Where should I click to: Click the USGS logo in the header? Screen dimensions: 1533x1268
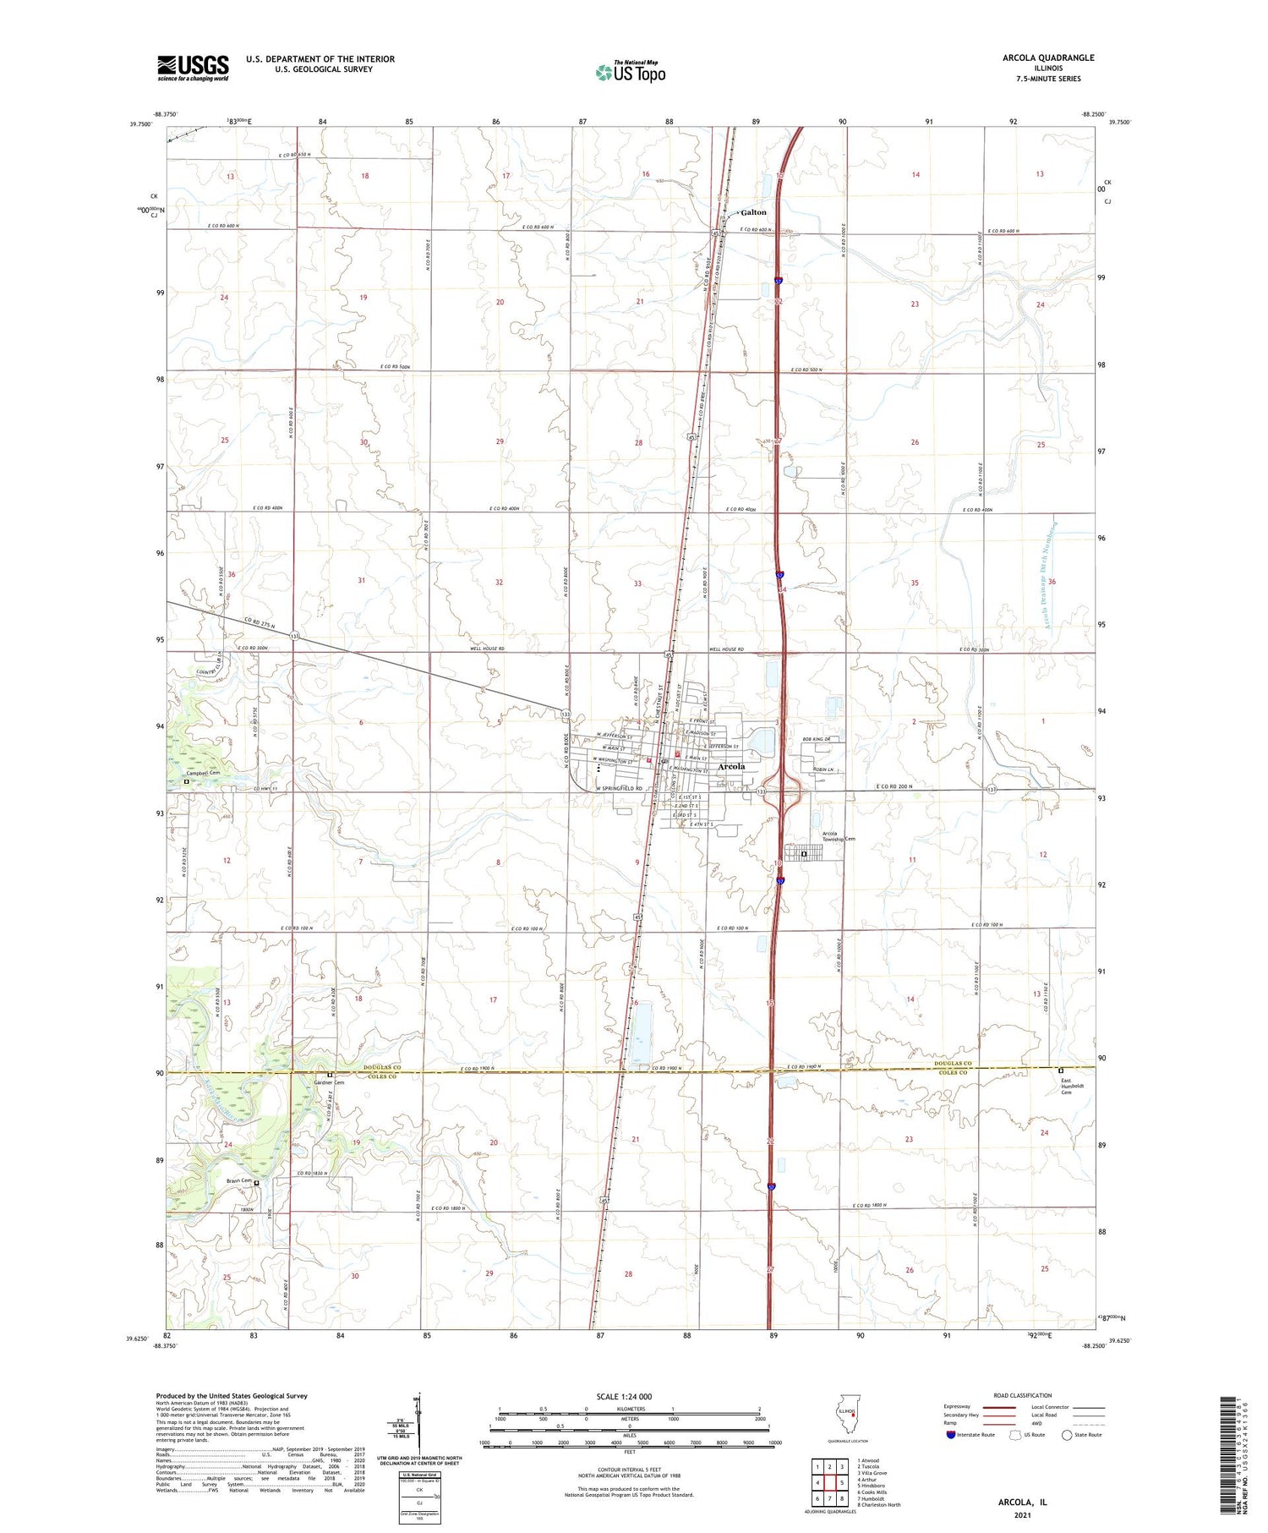(193, 68)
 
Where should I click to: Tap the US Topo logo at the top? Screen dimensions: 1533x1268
(631, 73)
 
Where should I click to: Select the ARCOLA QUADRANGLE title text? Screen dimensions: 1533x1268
(1047, 57)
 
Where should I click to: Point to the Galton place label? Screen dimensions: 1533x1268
(753, 212)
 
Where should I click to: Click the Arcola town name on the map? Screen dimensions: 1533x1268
(731, 766)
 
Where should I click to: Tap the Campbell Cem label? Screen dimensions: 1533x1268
(203, 773)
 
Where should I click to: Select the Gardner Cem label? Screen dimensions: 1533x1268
(329, 1082)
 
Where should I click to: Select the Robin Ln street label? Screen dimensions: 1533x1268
(823, 769)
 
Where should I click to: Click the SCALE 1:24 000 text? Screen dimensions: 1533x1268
(624, 1397)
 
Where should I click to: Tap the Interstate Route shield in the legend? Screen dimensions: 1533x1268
(950, 1435)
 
